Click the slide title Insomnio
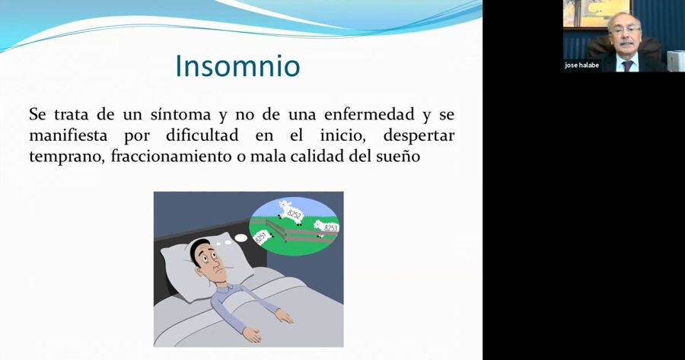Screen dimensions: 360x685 point(237,66)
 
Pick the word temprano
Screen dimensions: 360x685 point(65,158)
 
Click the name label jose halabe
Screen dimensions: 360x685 point(581,65)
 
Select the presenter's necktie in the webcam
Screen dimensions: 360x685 point(626,65)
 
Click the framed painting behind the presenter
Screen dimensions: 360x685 point(586,13)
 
